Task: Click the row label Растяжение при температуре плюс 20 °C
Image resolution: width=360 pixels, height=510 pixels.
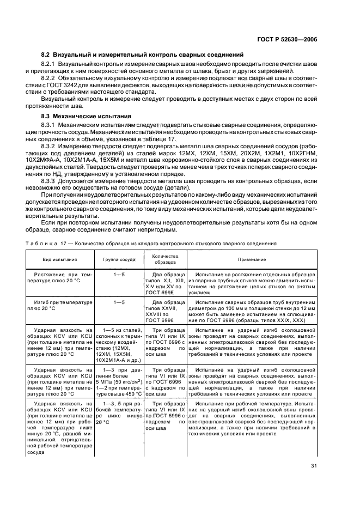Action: [60, 277]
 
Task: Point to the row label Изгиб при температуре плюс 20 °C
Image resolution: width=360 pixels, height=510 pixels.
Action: [60, 305]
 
